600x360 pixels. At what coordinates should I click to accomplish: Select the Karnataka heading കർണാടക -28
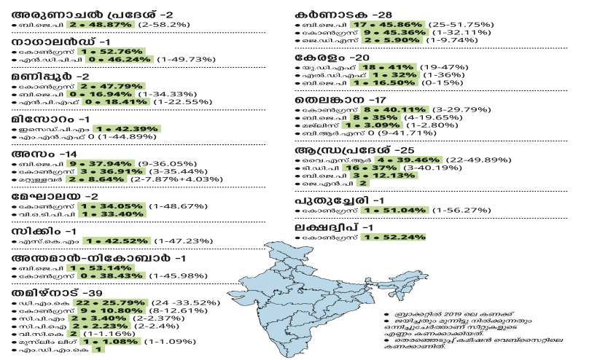[341, 15]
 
